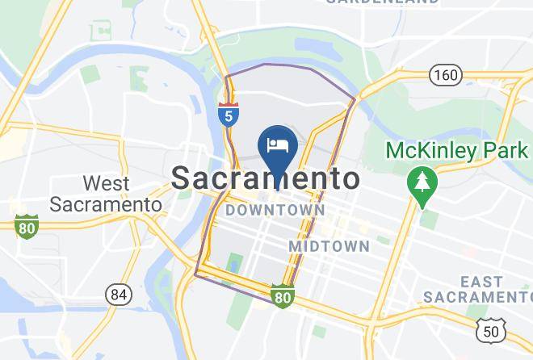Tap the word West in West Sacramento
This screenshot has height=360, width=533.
coord(106,184)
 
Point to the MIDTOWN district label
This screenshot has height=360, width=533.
coord(329,245)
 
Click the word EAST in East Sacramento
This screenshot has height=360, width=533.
coord(481,281)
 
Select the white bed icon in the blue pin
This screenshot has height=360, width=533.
coord(277,145)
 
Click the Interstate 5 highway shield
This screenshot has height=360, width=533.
coord(229,114)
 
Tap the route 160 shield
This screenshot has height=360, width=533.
coord(445,75)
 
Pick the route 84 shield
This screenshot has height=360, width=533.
coord(119,295)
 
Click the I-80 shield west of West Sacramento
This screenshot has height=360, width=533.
coord(27,227)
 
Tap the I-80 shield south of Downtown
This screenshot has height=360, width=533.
coord(282,297)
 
